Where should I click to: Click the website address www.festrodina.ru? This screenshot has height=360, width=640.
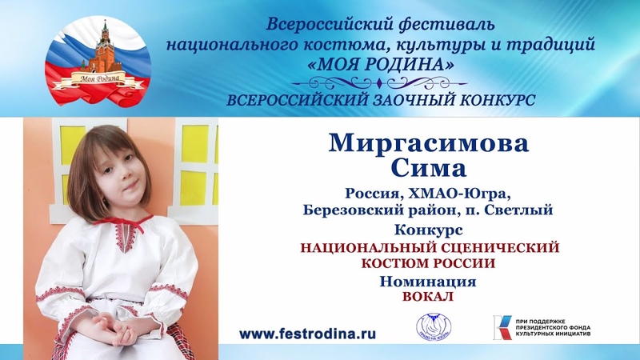[307, 334]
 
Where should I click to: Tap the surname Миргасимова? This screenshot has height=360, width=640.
[429, 143]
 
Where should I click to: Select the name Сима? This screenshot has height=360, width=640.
[429, 168]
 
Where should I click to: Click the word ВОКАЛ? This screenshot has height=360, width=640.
[428, 297]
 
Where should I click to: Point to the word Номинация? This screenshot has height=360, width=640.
[428, 282]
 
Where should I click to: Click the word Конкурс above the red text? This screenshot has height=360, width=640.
[429, 230]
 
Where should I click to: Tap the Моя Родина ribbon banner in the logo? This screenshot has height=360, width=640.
[99, 80]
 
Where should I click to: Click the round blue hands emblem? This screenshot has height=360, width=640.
[434, 327]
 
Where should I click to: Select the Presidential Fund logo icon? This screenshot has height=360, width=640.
[502, 327]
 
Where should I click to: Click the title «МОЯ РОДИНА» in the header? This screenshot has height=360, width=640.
[380, 64]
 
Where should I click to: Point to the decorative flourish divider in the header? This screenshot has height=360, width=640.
[379, 84]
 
